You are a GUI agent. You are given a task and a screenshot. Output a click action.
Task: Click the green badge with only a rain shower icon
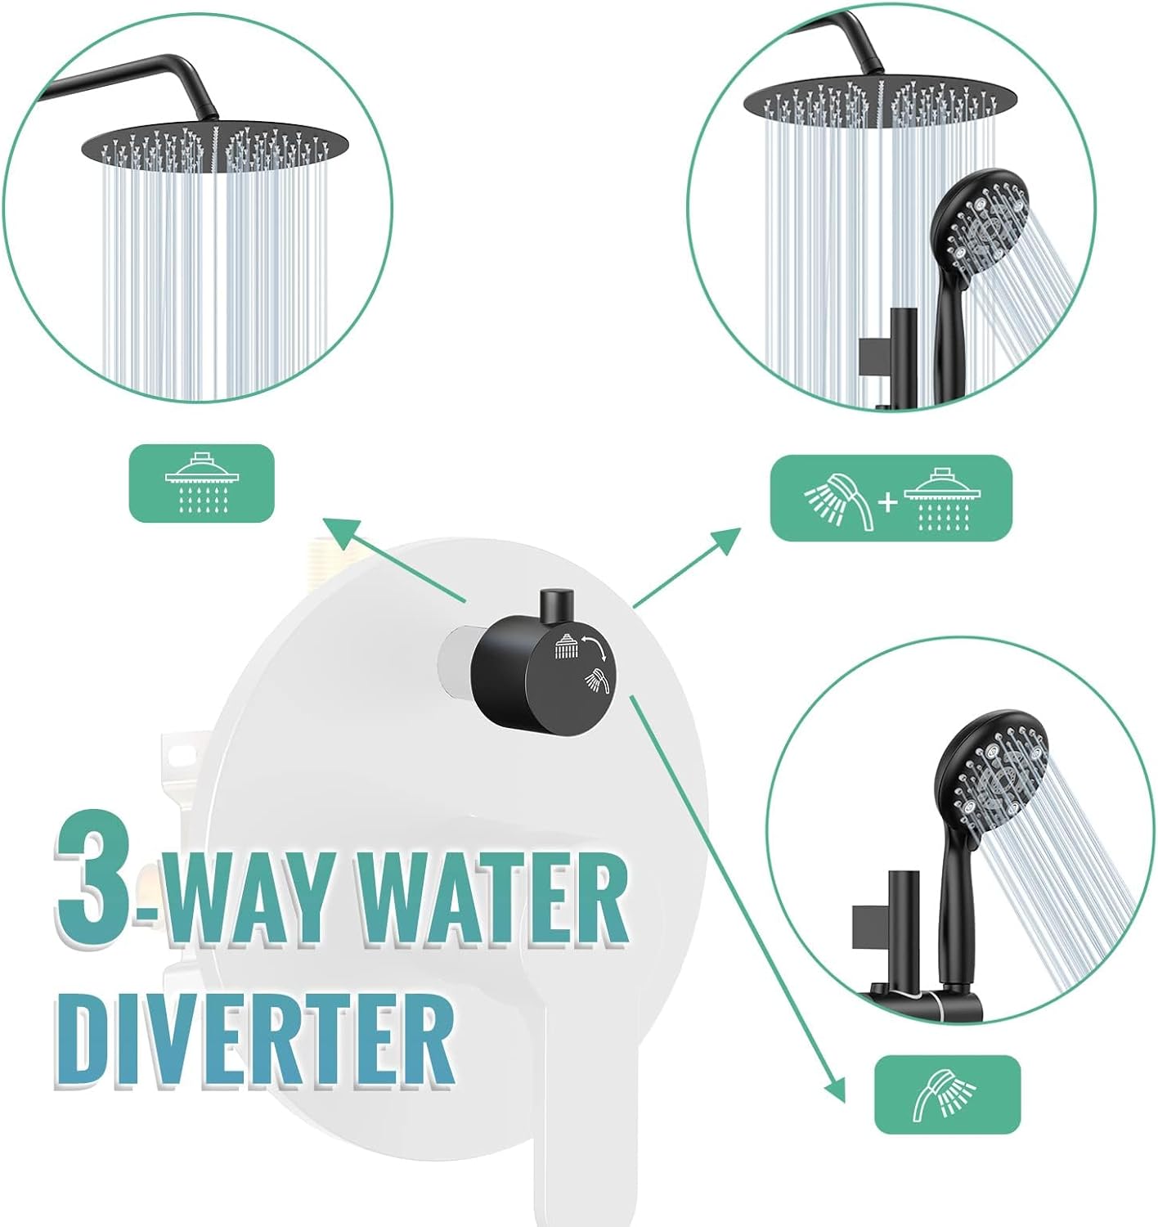click(201, 483)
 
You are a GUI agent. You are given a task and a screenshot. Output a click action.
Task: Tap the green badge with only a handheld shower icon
click(947, 1094)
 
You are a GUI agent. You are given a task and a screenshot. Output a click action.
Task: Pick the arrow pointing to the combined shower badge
click(687, 569)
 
